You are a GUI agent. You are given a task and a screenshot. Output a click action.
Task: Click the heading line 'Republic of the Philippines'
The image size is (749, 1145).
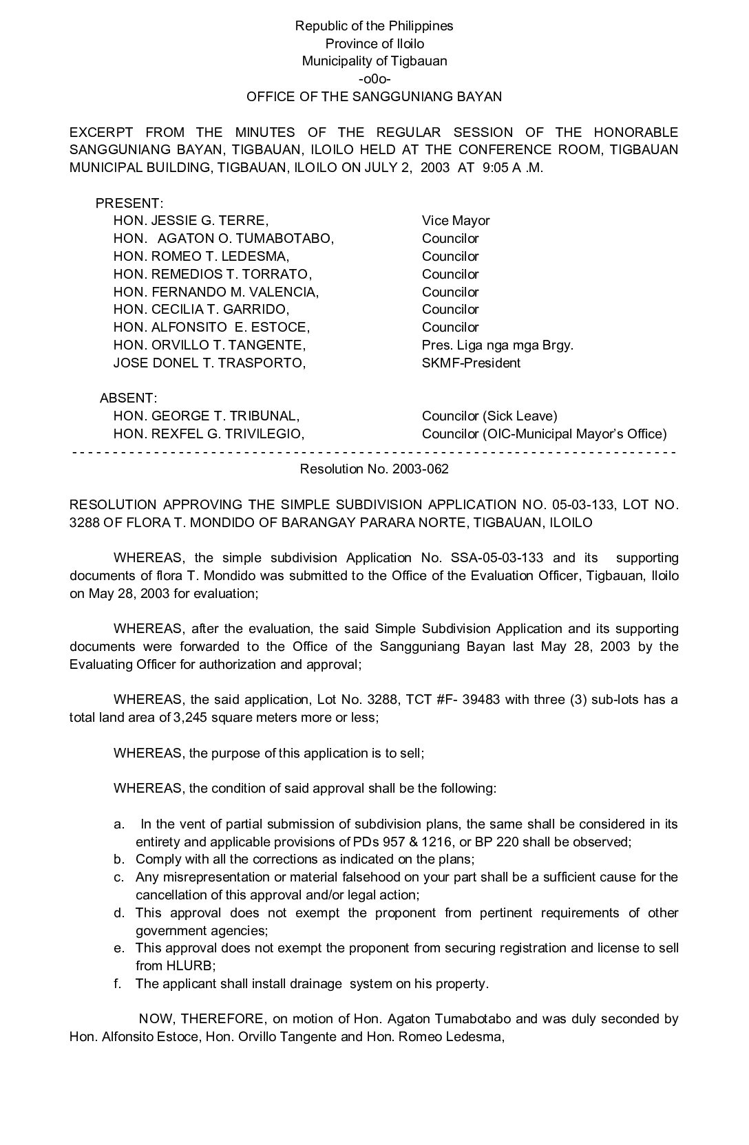(x=374, y=26)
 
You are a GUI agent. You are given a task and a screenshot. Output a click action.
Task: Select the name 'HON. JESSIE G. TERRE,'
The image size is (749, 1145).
(x=191, y=221)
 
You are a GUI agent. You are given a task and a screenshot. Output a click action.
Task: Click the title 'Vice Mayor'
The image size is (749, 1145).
(x=456, y=221)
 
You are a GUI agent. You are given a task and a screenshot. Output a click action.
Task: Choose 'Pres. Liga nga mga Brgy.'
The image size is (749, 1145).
(x=497, y=345)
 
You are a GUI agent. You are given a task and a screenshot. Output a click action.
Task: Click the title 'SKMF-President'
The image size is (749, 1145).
(x=471, y=363)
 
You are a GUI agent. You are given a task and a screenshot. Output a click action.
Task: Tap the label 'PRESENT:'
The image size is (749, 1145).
(x=129, y=203)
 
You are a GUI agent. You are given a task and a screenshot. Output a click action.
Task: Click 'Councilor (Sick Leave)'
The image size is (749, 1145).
(x=489, y=416)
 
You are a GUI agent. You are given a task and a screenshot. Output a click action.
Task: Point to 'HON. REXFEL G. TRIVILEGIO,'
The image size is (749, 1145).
(x=209, y=434)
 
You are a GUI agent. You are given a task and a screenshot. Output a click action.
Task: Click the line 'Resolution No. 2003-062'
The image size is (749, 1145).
(x=374, y=469)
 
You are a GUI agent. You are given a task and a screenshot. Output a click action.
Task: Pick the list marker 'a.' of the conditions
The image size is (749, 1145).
(x=119, y=824)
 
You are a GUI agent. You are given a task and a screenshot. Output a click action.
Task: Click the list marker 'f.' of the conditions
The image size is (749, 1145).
(x=118, y=984)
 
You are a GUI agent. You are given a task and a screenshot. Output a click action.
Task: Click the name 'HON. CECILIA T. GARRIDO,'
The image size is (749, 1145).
(x=201, y=310)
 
